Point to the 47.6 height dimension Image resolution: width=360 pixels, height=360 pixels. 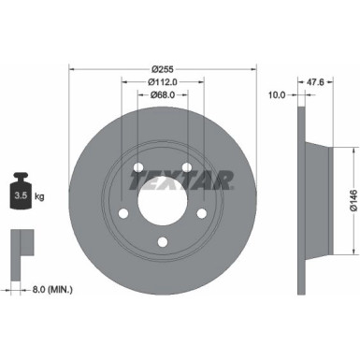click(x=316, y=82)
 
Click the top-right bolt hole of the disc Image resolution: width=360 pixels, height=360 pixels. click(x=187, y=168)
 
